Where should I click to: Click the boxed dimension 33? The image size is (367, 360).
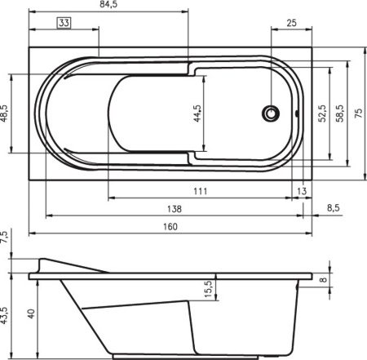point(64,23)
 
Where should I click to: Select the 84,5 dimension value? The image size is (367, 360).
point(108,5)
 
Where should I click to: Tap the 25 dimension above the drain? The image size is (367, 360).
point(291,23)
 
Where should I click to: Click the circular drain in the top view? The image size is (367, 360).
point(271,113)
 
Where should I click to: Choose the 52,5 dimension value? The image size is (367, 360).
point(322,113)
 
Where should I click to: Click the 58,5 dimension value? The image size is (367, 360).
point(340,113)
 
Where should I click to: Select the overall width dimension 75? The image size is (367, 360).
point(359,113)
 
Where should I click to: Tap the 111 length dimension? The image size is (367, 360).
point(201,191)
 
